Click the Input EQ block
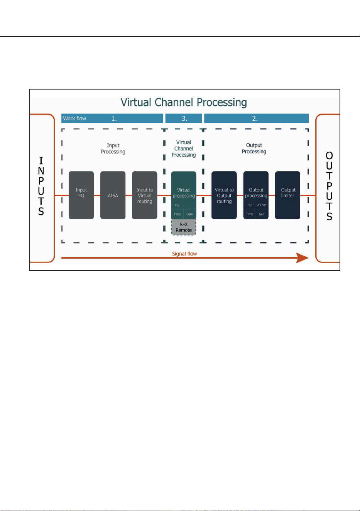tap(81, 195)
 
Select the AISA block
tap(113, 195)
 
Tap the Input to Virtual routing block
tap(144, 195)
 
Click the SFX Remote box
tap(184, 227)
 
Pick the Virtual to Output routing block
tap(224, 195)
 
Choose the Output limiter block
tap(287, 195)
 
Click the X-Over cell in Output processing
tap(262, 205)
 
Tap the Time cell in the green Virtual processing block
tap(177, 214)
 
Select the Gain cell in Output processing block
tap(262, 214)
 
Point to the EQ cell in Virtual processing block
tap(177, 205)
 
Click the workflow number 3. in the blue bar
tap(184, 118)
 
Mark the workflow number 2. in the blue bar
tap(255, 118)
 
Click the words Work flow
tap(74, 118)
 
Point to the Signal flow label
tap(184, 254)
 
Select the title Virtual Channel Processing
tap(184, 102)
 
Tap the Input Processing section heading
tap(113, 149)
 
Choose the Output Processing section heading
tap(254, 149)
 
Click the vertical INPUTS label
tap(41, 186)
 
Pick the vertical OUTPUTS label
tap(329, 186)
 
